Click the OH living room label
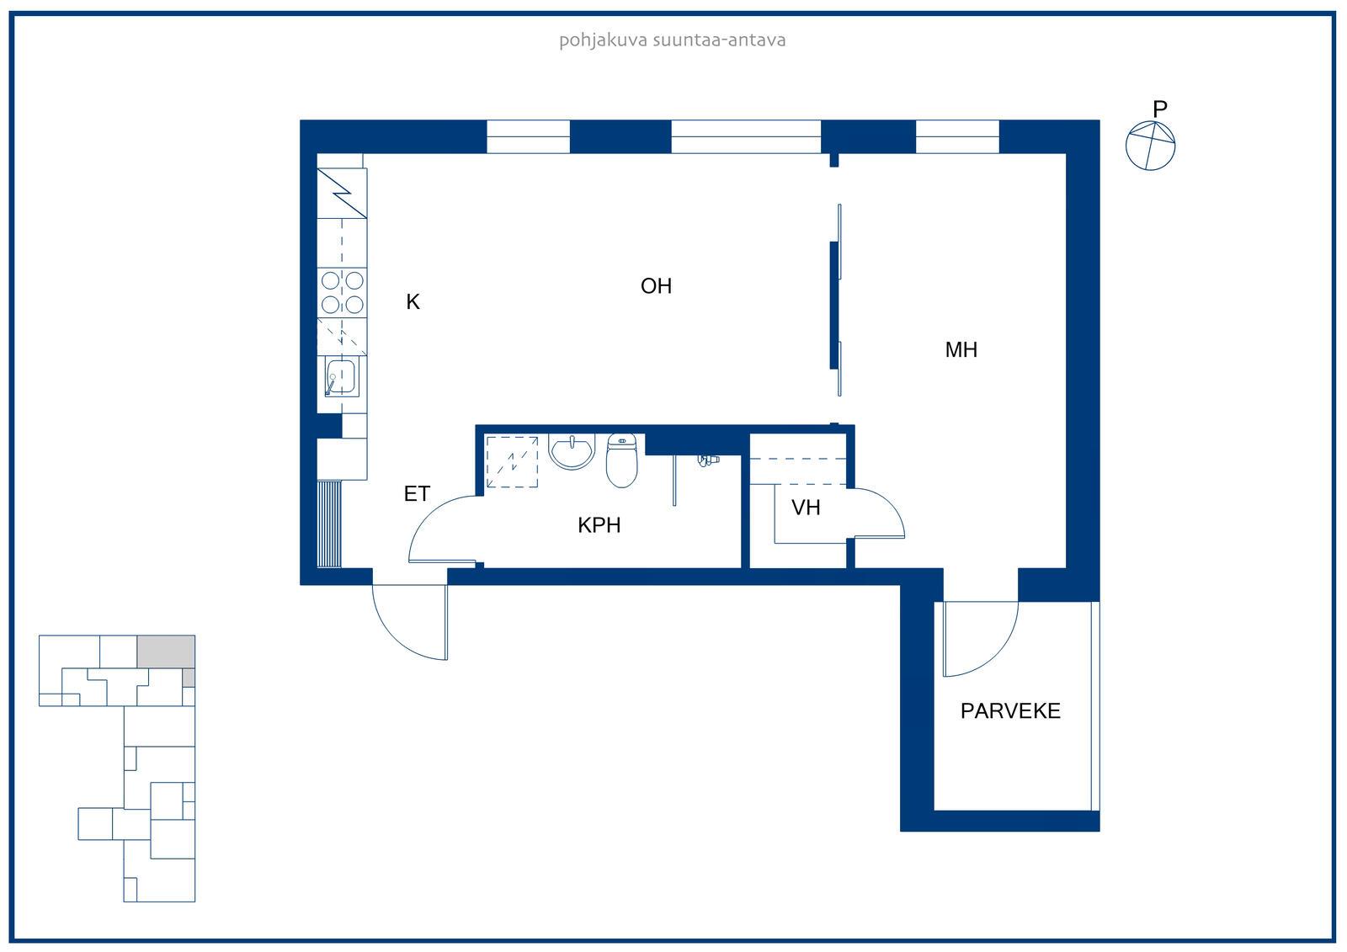point(656,286)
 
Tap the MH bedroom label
point(961,350)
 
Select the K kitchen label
point(413,302)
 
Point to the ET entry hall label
point(417,494)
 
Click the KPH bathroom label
point(599,525)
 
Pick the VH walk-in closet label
point(806,508)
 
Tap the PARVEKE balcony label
point(1010,711)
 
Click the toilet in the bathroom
point(622,460)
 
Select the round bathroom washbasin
point(572,450)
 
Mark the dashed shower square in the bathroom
point(513,462)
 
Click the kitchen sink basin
point(341,377)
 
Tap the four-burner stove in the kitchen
point(342,293)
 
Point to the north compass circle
point(1150,146)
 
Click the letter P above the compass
point(1160,109)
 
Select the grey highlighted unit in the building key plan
point(166,652)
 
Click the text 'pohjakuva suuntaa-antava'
point(673,41)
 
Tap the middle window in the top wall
point(746,136)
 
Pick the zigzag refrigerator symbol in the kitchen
point(342,193)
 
